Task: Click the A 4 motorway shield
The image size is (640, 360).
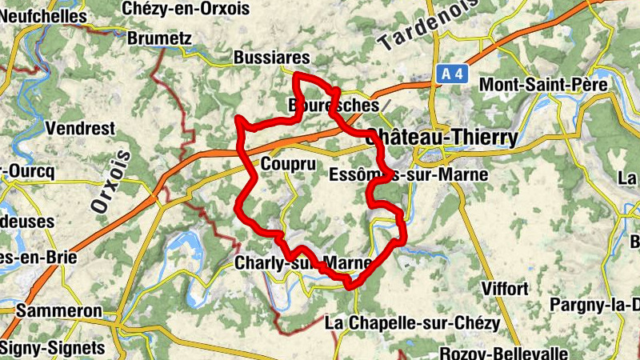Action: coord(452,74)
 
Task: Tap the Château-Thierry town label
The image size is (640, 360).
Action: coord(441,138)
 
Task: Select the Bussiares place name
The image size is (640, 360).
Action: coord(271,58)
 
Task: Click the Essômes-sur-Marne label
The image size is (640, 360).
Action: coord(408,174)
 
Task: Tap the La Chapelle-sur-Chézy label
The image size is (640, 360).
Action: coord(413,323)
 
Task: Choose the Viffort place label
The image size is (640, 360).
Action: coord(505,288)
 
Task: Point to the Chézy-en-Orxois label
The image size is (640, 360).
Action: coord(186,8)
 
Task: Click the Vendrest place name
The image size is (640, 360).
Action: coord(80,128)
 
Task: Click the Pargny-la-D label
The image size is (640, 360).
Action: coord(595,305)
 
